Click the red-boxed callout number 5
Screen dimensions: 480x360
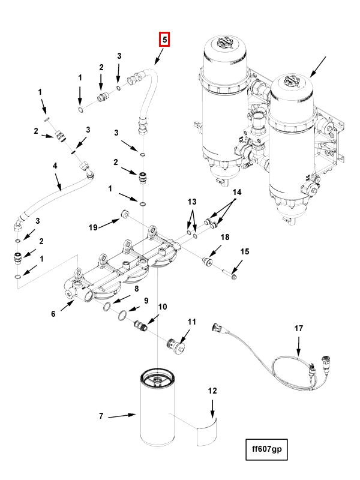[164, 40]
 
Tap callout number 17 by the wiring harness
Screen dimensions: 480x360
[299, 329]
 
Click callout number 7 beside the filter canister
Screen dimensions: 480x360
[101, 416]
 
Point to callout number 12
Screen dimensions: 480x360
[212, 391]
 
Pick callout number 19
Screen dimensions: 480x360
[93, 227]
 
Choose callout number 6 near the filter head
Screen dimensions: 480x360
[53, 314]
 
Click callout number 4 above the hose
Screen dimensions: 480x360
[55, 166]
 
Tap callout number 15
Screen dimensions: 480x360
[244, 251]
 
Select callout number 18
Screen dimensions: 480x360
[225, 238]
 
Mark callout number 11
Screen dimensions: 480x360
[191, 322]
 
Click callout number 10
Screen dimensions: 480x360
[162, 307]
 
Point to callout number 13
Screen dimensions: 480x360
[192, 200]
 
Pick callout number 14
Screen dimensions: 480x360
[237, 193]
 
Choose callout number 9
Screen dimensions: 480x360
[145, 300]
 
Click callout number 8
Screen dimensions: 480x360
[136, 289]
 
